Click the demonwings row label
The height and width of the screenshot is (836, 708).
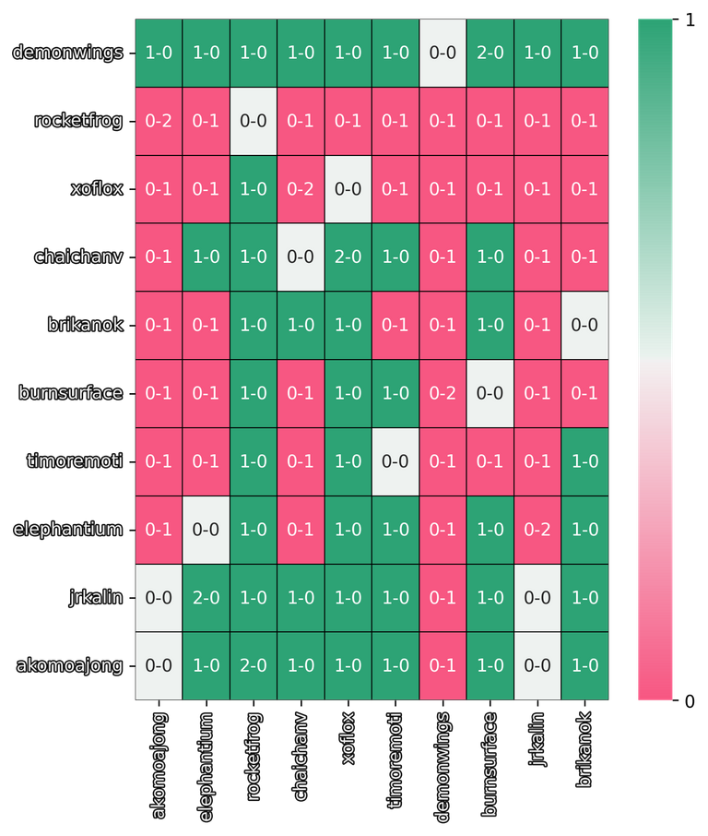click(x=67, y=53)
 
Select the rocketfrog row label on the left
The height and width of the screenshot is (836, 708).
click(x=78, y=121)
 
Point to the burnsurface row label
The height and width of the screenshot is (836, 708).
click(x=70, y=392)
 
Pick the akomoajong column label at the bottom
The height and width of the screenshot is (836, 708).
click(x=159, y=764)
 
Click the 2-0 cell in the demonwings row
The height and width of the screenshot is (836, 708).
click(x=490, y=53)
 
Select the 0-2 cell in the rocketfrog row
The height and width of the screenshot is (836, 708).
click(x=159, y=121)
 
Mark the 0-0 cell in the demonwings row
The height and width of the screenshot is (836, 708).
click(x=442, y=53)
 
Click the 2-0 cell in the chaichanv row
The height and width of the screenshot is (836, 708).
click(x=348, y=257)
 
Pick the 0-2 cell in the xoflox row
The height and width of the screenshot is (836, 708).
click(x=301, y=188)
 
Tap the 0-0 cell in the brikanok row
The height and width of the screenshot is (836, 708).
click(x=584, y=325)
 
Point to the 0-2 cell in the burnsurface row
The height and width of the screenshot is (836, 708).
click(x=442, y=393)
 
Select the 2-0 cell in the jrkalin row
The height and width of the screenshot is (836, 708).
click(x=206, y=597)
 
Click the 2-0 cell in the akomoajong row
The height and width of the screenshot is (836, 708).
click(x=254, y=665)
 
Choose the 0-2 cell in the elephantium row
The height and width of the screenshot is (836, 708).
click(x=537, y=530)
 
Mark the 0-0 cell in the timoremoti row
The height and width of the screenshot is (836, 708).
click(x=395, y=461)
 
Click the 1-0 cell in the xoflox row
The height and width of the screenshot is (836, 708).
click(x=254, y=188)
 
